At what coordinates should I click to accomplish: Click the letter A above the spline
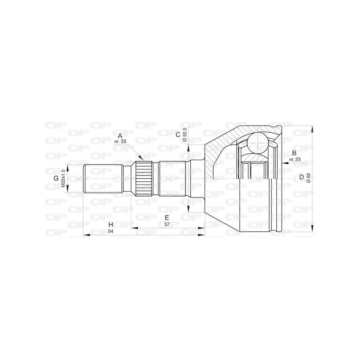(120, 135)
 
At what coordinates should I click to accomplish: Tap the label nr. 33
(120, 142)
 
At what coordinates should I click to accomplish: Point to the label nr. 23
(294, 159)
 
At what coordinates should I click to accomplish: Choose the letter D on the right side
(301, 177)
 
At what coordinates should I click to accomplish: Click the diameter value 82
(308, 177)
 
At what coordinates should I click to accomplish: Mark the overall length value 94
(110, 231)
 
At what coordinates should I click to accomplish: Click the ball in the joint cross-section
(258, 140)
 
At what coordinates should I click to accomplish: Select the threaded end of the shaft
(103, 179)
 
